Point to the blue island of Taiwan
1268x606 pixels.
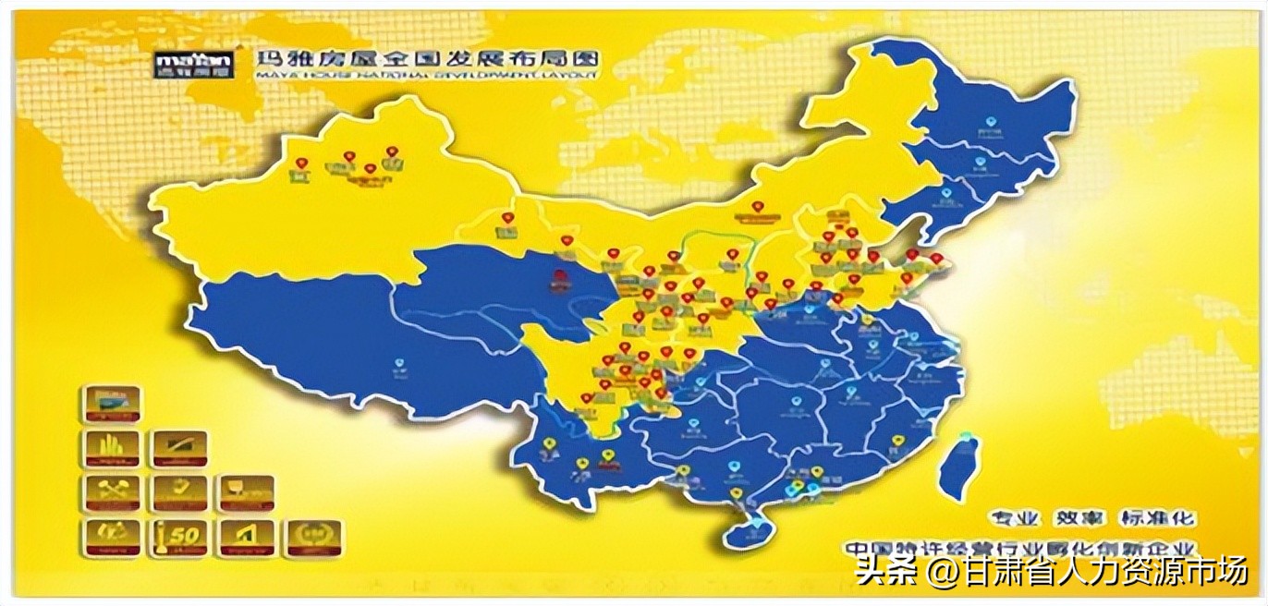point(959,467)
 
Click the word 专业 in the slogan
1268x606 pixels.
point(1016,518)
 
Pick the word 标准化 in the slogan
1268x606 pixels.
point(1158,518)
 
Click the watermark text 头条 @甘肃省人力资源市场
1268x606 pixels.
point(1051,571)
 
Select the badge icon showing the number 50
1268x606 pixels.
point(179,538)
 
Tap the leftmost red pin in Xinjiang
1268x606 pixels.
point(301,164)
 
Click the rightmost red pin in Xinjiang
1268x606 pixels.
point(392,151)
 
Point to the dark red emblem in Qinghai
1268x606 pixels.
point(560,278)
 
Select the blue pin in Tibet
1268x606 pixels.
point(399,362)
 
